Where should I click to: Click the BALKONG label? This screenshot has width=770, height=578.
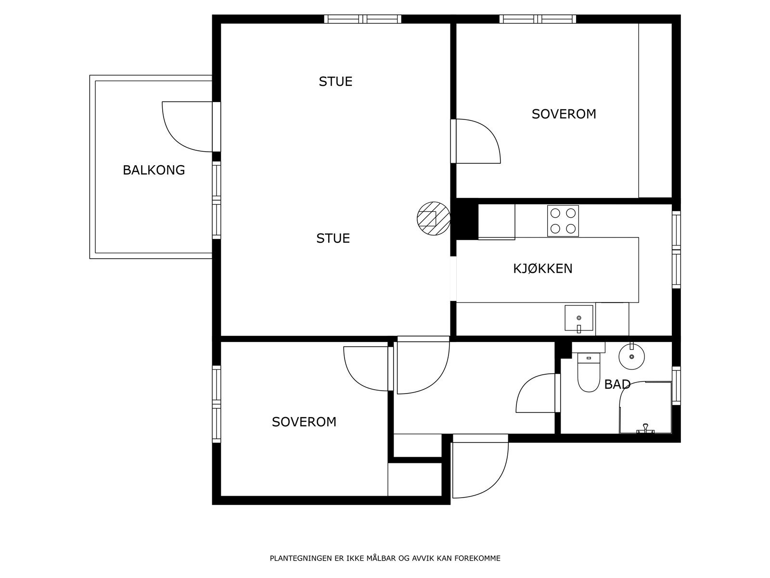click(x=154, y=170)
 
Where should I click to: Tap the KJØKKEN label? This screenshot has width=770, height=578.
click(x=542, y=268)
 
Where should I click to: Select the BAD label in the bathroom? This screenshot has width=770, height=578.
click(x=617, y=385)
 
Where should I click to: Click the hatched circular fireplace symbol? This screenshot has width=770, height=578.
click(x=433, y=219)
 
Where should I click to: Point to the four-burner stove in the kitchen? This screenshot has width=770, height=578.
click(x=563, y=221)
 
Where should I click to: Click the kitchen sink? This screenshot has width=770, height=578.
click(x=578, y=318)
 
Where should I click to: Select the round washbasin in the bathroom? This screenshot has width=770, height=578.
click(x=631, y=356)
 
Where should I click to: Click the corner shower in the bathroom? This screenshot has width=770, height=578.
click(x=645, y=407)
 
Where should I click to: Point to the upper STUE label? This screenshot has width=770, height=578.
click(x=335, y=81)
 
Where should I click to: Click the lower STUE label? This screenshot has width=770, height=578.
click(x=333, y=238)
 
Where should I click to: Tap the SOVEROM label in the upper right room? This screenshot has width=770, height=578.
click(x=564, y=114)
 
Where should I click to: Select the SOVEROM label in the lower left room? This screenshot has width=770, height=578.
click(x=304, y=422)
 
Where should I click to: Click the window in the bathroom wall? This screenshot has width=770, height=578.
click(x=676, y=385)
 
